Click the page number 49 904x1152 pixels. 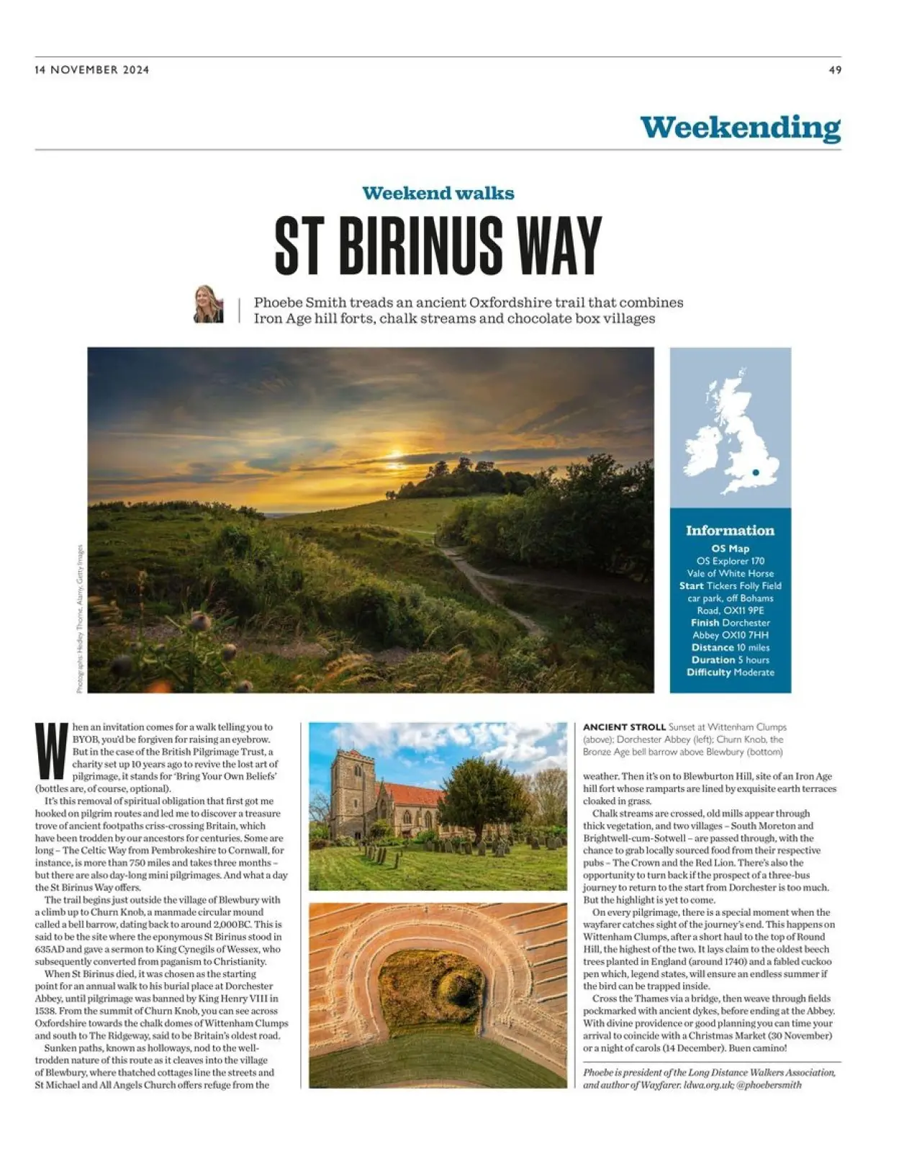[x=835, y=70]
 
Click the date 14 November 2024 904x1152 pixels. [x=92, y=70]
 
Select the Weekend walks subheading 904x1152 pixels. [x=438, y=193]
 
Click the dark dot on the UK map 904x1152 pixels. [x=756, y=472]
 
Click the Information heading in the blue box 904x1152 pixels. [x=730, y=531]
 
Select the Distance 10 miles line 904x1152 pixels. [x=730, y=647]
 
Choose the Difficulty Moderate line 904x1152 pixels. [x=730, y=672]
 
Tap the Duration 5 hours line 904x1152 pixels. [x=730, y=660]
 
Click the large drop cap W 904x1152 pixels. [x=52, y=751]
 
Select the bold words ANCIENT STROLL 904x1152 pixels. [x=623, y=727]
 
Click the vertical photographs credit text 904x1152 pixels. [x=80, y=619]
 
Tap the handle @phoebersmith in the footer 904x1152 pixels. [x=769, y=1084]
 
